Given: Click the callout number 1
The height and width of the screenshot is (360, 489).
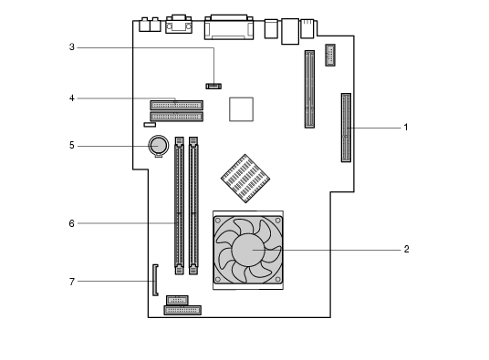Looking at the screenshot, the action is (x=405, y=128).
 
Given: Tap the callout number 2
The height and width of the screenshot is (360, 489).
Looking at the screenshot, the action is (x=406, y=249).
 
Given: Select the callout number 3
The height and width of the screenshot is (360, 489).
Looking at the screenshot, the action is (x=72, y=47).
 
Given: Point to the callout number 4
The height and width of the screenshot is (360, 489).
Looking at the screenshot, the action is (x=72, y=98).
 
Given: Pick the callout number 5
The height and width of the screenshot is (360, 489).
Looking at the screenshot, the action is (x=72, y=146).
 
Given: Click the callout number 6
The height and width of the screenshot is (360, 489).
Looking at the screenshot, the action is (x=72, y=223).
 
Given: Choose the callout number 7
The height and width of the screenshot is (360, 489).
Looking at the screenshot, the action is (x=72, y=282).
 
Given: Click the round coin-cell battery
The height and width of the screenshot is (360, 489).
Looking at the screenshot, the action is (x=159, y=145).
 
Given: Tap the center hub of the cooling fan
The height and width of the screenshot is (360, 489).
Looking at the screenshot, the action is (x=248, y=250).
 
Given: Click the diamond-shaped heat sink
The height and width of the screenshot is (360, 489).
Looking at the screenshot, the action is (x=245, y=179).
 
